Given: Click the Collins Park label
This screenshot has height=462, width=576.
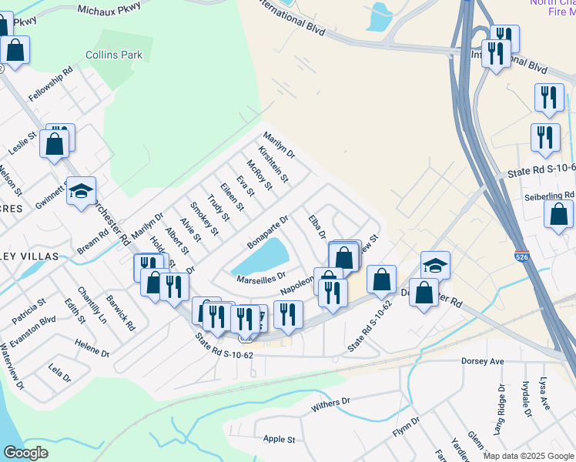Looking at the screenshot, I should click(114, 55).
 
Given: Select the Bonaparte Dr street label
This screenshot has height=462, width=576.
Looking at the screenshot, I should click(267, 232).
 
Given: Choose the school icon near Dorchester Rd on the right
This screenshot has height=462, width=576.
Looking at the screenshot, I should click(435, 265).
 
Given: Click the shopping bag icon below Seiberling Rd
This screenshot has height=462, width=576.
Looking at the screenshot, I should click(558, 213).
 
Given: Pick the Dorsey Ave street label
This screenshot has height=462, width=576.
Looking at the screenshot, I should click(482, 360).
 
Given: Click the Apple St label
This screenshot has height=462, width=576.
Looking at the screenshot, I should click(280, 439).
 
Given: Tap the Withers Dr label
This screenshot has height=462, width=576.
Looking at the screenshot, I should click(330, 402).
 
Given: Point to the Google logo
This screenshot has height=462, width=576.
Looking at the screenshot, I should click(25, 453).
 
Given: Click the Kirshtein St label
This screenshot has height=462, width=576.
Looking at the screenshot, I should click(273, 164).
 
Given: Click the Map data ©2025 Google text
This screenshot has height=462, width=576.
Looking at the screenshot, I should click(527, 455).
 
